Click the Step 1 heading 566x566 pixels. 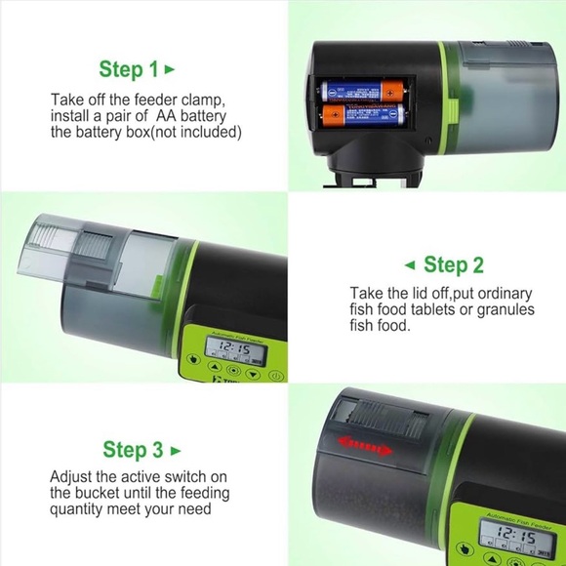click(128, 69)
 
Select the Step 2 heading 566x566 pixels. click(453, 265)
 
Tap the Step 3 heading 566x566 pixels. click(133, 450)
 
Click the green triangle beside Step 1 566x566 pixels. click(171, 69)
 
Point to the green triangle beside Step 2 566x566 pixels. click(410, 265)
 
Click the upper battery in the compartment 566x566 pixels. click(363, 92)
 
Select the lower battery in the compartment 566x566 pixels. click(363, 118)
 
